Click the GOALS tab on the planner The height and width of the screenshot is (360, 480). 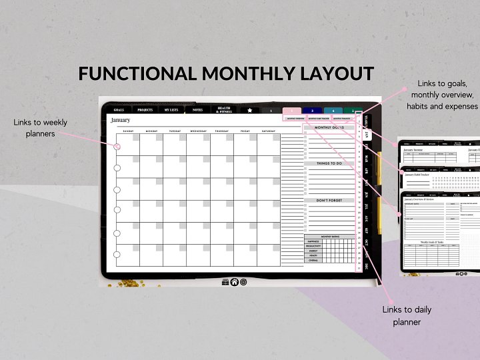click(x=119, y=110)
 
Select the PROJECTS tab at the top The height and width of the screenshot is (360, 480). click(x=145, y=110)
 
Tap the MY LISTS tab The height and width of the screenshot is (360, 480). click(x=171, y=110)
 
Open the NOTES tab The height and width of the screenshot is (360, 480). click(x=197, y=110)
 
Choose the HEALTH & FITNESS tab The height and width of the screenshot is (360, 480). click(x=224, y=110)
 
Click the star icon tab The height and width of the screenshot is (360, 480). click(x=250, y=110)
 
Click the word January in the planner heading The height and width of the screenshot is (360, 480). click(x=121, y=120)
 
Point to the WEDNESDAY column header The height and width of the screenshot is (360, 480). click(x=198, y=131)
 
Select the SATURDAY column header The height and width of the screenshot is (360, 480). click(x=268, y=131)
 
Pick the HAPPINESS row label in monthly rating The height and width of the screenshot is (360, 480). click(x=313, y=240)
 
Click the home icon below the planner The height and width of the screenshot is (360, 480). click(x=234, y=282)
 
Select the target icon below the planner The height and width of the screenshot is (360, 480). click(x=243, y=282)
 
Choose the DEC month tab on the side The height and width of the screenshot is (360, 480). click(x=367, y=266)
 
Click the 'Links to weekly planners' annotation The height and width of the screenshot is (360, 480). click(x=40, y=128)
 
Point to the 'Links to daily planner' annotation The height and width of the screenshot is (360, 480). click(x=407, y=316)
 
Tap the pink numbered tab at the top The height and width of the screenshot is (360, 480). click(x=291, y=111)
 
